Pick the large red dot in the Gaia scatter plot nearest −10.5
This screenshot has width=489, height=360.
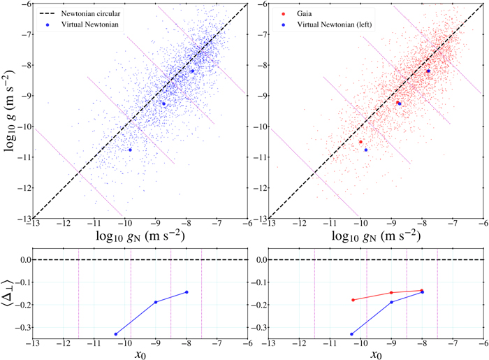tap(360, 142)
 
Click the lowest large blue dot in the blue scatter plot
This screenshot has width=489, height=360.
tap(130, 150)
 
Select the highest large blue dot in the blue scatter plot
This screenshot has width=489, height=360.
tap(193, 71)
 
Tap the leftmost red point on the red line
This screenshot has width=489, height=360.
tap(353, 300)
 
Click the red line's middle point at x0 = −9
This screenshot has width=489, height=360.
tap(391, 293)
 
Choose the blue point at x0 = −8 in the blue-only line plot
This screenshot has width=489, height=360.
tap(187, 292)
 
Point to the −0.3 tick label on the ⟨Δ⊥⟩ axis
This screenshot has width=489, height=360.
tap(19, 327)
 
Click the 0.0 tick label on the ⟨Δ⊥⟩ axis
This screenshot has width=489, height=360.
tap(20, 260)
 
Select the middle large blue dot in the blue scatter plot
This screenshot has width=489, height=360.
tap(163, 103)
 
